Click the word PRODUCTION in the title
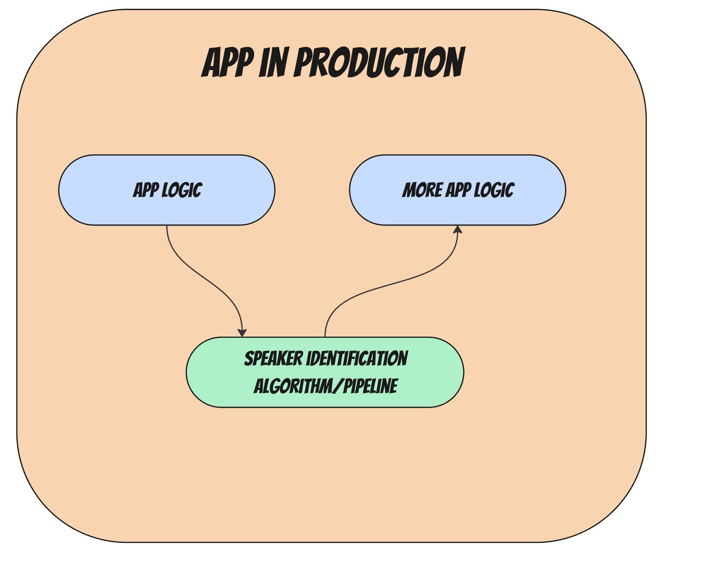(379, 62)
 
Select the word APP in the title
(228, 62)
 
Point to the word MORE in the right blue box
(422, 190)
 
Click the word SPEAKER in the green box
(273, 359)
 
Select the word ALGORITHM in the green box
(292, 386)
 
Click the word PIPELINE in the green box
(370, 386)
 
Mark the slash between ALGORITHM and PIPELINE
(337, 386)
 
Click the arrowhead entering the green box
(242, 332)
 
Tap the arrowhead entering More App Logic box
(458, 230)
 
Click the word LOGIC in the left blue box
(182, 190)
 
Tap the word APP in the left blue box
(145, 190)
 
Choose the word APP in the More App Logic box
(458, 190)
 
